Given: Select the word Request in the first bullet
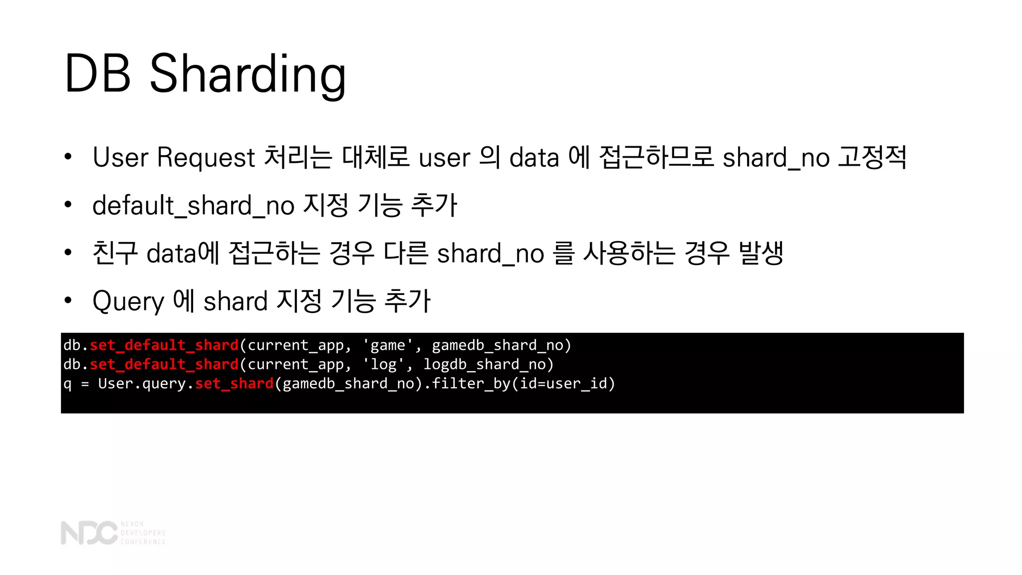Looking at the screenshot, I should (206, 157).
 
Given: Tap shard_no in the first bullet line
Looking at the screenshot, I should (776, 157).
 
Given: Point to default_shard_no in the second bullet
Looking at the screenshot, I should (193, 205).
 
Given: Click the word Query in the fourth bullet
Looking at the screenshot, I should (128, 301).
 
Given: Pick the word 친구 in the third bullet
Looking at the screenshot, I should (115, 253).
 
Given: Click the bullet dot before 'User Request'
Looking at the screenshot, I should (68, 157).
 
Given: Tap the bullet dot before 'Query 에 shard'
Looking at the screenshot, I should (68, 300).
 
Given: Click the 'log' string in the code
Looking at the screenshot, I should (384, 364).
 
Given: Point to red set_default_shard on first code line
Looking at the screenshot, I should (164, 345).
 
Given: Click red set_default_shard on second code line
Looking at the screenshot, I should (164, 364).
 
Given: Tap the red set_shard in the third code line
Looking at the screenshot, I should (235, 383).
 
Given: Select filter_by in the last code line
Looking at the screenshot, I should (471, 383).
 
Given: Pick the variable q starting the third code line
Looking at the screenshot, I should (67, 384).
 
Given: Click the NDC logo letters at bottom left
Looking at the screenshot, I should (89, 533).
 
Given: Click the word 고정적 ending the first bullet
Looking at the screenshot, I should (872, 157).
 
